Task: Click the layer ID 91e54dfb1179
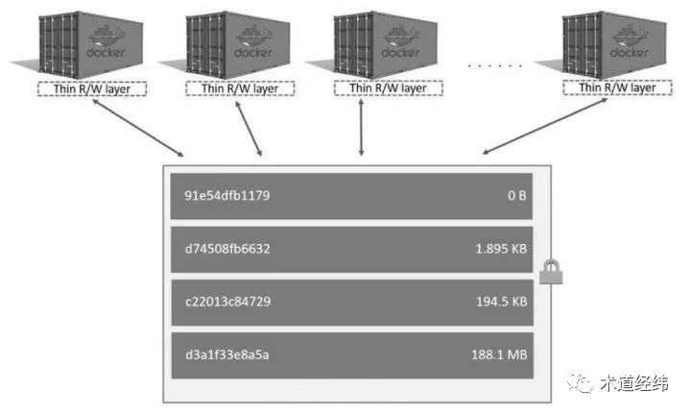click(226, 197)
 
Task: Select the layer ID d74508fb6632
click(226, 249)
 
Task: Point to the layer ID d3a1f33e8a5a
click(226, 355)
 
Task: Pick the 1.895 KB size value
click(501, 249)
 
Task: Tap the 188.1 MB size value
click(500, 355)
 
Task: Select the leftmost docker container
click(87, 43)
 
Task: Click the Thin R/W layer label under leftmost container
click(92, 88)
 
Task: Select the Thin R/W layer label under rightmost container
click(615, 88)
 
